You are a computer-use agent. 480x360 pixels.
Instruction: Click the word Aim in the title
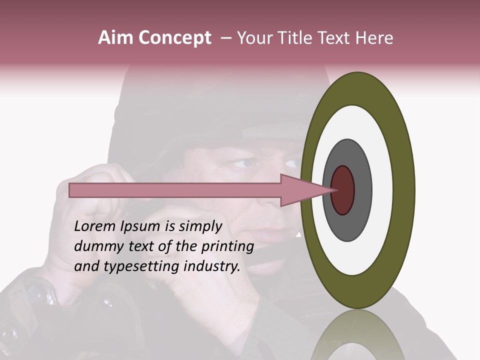coord(115,38)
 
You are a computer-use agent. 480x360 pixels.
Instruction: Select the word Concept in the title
coord(174,38)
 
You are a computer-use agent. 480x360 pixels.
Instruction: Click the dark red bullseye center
coord(342,190)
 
